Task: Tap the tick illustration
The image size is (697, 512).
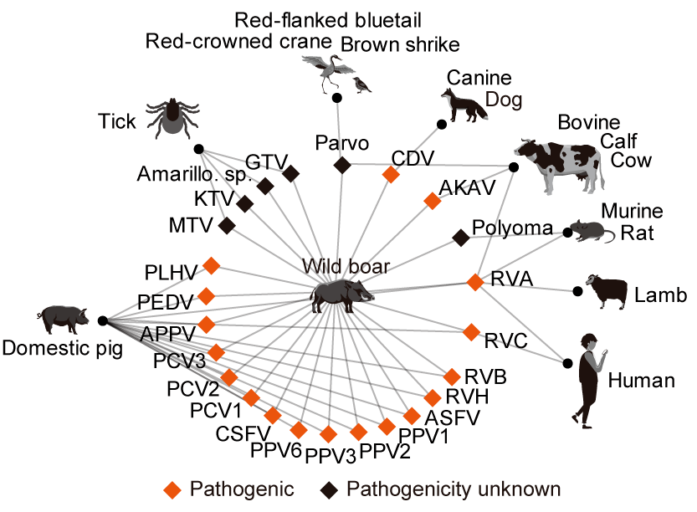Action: (x=173, y=115)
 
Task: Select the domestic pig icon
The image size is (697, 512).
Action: (x=62, y=316)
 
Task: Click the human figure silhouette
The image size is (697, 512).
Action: (x=590, y=377)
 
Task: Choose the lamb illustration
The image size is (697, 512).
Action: (x=608, y=289)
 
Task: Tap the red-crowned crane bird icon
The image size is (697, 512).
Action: (x=324, y=69)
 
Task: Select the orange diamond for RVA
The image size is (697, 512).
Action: (x=475, y=282)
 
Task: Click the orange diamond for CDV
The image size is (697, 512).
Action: (x=389, y=174)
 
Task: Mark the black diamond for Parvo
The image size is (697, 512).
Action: (x=341, y=166)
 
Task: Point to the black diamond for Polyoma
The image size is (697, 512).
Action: (x=460, y=238)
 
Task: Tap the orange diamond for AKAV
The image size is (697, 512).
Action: (x=432, y=201)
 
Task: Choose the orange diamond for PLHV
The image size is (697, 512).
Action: (x=212, y=266)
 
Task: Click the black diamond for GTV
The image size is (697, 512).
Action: (x=291, y=173)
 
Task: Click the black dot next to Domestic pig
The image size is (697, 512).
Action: (x=101, y=320)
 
